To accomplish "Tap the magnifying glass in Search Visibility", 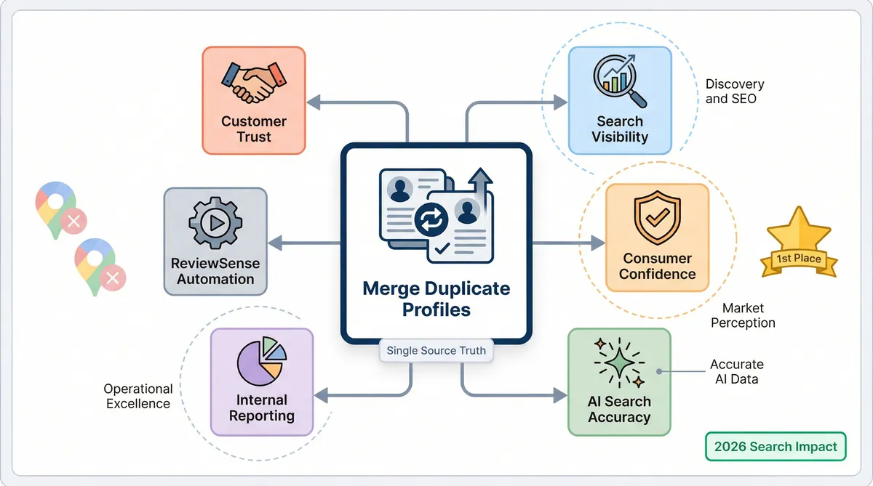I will pyautogui.click(x=619, y=82).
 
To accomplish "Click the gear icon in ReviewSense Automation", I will pyautogui.click(x=215, y=223).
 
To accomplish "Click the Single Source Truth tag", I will pyautogui.click(x=436, y=351).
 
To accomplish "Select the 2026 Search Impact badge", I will pyautogui.click(x=776, y=446).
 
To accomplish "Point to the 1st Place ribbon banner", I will pyautogui.click(x=798, y=259).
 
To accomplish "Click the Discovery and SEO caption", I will pyautogui.click(x=735, y=92).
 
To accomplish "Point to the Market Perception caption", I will pyautogui.click(x=743, y=315).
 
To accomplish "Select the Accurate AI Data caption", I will pyautogui.click(x=736, y=371).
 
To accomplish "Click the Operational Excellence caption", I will pyautogui.click(x=138, y=397).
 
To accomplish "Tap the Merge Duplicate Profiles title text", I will pyautogui.click(x=436, y=299).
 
